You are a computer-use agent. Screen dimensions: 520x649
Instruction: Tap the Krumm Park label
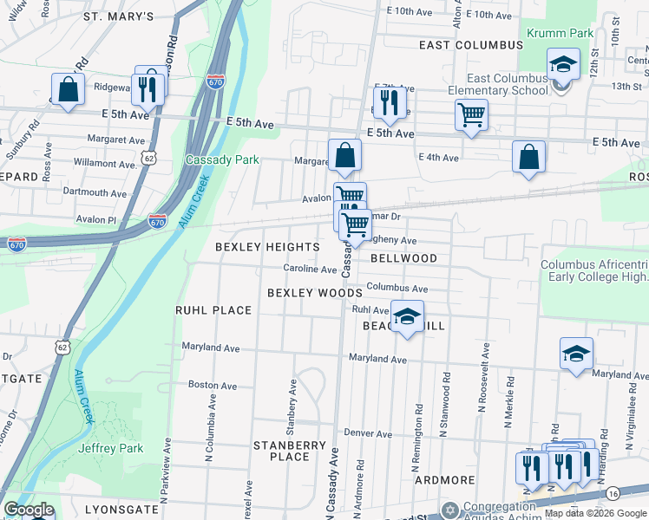coord(560,33)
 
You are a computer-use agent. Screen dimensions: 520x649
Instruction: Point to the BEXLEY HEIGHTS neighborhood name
coord(268,247)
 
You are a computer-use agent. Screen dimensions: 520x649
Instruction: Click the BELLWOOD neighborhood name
coord(403,258)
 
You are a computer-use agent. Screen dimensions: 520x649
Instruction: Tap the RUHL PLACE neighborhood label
coord(213,310)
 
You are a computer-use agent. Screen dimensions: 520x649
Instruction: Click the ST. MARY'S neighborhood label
coord(119,16)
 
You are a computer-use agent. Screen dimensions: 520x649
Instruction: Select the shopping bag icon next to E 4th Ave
coord(528,157)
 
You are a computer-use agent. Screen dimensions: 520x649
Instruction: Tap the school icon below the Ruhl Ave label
coord(407,317)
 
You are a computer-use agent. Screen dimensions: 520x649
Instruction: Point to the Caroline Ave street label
coord(310,270)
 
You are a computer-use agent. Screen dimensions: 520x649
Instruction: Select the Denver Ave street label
coord(368,432)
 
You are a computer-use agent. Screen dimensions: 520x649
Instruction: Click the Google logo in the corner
coord(29,510)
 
